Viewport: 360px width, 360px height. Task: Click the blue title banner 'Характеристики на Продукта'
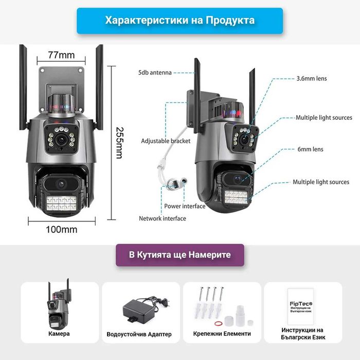[179, 21]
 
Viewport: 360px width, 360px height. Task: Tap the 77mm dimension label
[61, 55]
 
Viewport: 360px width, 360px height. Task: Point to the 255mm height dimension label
[119, 142]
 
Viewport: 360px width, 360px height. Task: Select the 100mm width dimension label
[62, 229]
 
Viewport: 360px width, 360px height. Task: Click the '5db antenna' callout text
[154, 73]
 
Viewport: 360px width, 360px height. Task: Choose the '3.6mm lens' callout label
[311, 79]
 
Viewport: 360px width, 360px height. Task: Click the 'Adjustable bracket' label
[166, 141]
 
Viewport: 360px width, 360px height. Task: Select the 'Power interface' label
[185, 206]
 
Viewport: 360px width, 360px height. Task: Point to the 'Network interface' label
[163, 219]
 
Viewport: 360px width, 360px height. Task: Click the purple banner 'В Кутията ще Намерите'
[179, 255]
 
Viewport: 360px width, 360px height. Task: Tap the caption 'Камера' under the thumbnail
[59, 334]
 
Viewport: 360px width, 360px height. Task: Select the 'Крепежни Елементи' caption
[222, 334]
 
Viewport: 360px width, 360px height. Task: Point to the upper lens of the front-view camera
[61, 139]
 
